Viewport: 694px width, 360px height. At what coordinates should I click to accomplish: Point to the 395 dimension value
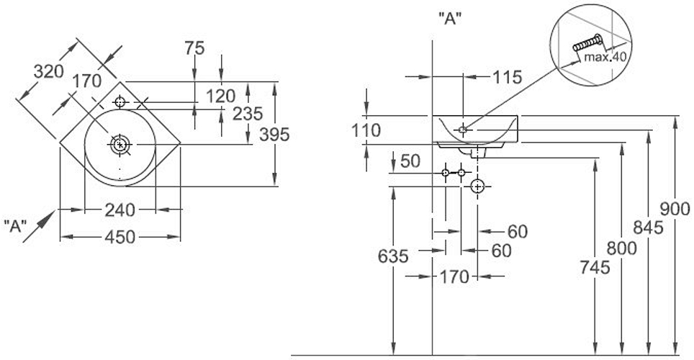274,135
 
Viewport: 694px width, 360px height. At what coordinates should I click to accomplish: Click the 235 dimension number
247,114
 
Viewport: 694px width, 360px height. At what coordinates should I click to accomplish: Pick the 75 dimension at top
194,48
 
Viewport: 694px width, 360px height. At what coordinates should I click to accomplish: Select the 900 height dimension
675,210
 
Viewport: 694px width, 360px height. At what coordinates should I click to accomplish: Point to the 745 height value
595,267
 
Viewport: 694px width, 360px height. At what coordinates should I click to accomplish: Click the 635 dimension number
393,256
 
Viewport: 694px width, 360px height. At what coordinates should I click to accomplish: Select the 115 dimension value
507,78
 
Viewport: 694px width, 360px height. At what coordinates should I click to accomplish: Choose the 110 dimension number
366,130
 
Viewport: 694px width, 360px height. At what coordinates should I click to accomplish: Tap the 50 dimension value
410,161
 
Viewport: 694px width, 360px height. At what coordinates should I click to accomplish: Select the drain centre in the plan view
120,145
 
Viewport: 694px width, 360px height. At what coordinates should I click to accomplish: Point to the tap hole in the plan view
120,102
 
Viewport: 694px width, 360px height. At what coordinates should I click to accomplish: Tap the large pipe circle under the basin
477,187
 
